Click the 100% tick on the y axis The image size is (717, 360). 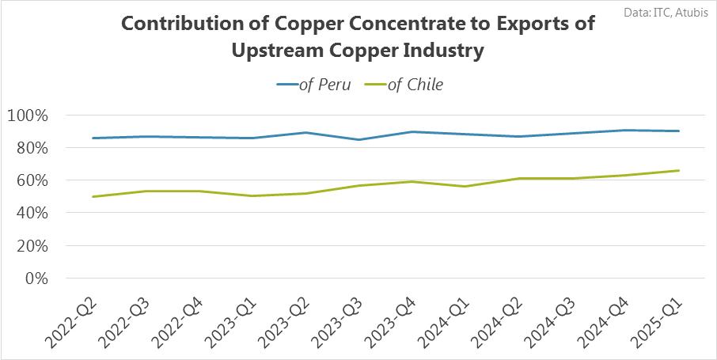tap(27, 116)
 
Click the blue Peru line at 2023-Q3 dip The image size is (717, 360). tap(359, 139)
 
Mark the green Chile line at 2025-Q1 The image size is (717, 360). tap(680, 170)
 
